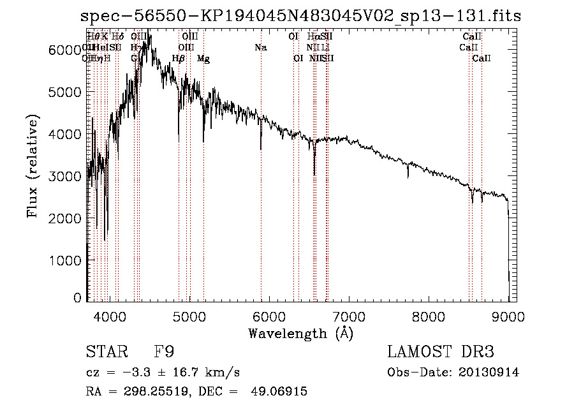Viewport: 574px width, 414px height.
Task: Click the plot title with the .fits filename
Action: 300,17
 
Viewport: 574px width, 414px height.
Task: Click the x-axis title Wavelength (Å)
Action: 300,333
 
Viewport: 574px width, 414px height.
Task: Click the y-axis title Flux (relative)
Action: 32,166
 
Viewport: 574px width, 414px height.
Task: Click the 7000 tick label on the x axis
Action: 349,315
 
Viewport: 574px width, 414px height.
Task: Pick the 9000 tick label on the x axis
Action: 508,315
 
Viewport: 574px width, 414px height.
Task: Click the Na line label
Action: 260,47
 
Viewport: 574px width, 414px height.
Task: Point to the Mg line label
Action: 203,59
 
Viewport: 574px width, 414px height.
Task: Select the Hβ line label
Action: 179,59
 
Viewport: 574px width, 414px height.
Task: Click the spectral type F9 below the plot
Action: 164,353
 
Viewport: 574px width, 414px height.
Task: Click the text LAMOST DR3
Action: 441,353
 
